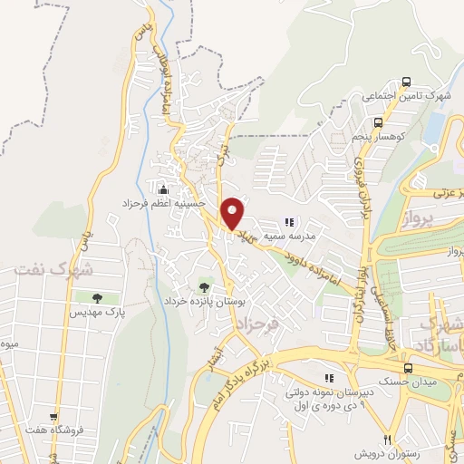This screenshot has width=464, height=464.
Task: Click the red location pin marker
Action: coord(232,213)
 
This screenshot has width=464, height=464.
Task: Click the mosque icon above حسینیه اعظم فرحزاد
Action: coord(163,190)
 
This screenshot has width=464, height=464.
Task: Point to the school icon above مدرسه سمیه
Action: coord(289,221)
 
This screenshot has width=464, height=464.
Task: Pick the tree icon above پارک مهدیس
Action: coord(95,296)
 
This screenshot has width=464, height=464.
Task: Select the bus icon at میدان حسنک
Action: coord(409,367)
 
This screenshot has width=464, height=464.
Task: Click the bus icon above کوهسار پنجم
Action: coord(379,122)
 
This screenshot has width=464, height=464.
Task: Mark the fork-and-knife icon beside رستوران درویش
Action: coord(387,437)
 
